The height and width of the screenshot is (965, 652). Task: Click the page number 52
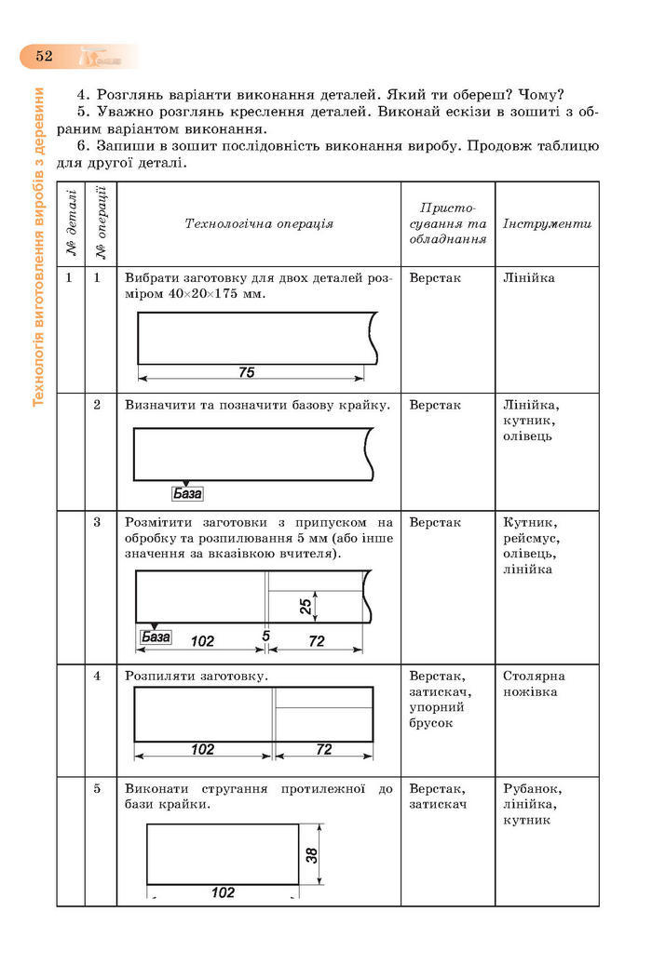[x=44, y=56]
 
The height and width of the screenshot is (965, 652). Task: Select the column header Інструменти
[x=547, y=224]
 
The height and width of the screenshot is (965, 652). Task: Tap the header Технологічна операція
[x=259, y=223]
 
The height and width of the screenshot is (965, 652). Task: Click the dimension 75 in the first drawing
[x=246, y=372]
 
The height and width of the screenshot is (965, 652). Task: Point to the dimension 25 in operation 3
[x=306, y=607]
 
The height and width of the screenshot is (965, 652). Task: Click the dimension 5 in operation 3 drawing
[x=266, y=637]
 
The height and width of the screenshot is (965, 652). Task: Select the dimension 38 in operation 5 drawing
[x=312, y=853]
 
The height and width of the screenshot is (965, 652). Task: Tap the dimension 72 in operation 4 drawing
[x=324, y=749]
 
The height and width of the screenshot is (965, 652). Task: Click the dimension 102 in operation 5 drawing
[x=223, y=892]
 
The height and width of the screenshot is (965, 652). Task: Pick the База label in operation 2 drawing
[x=187, y=494]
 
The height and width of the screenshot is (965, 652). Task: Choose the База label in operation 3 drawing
[x=156, y=637]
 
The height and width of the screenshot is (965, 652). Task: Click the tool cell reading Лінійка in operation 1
[x=528, y=278]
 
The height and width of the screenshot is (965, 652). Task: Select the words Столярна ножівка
[x=534, y=684]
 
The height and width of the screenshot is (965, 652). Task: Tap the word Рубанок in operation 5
[x=532, y=788]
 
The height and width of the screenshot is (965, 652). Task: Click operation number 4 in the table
[x=98, y=677]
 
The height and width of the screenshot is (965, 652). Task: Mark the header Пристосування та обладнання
[x=448, y=223]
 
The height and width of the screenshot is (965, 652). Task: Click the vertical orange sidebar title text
[x=39, y=247]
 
